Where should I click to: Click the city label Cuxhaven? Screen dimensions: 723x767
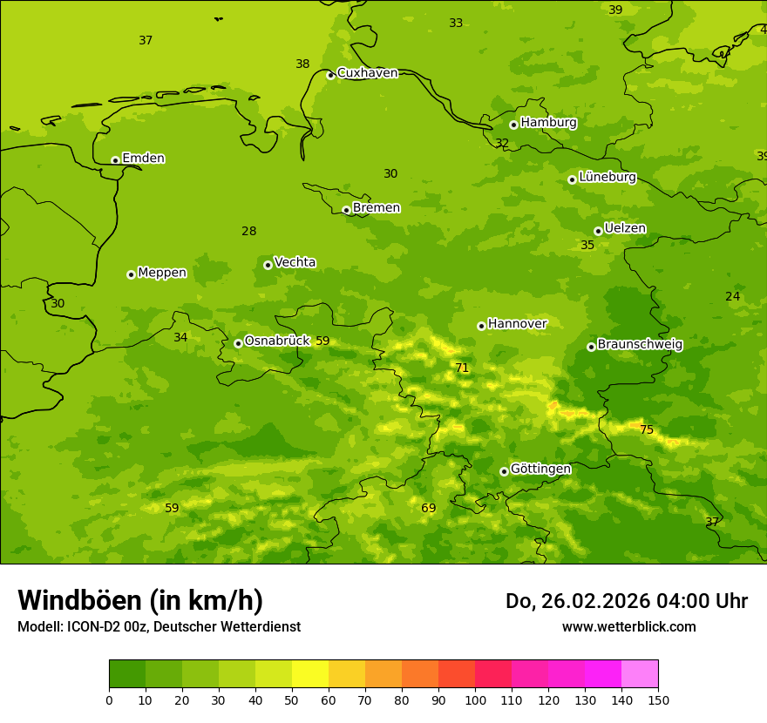click(x=367, y=73)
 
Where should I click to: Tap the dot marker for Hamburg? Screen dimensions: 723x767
click(x=513, y=125)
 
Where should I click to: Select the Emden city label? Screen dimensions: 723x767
click(x=143, y=159)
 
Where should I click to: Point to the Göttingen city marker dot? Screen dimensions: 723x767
click(x=504, y=471)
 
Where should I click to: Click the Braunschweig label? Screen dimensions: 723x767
click(x=640, y=345)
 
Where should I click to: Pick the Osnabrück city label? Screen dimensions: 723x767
click(x=277, y=341)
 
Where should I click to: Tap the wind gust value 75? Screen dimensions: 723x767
click(x=647, y=429)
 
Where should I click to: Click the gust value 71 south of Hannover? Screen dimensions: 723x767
click(x=462, y=368)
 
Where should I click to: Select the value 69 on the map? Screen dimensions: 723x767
click(x=429, y=509)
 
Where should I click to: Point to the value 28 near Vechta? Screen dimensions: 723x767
click(x=249, y=232)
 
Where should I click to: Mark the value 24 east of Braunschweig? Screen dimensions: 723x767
click(x=733, y=297)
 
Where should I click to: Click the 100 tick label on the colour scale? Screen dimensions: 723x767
click(x=475, y=700)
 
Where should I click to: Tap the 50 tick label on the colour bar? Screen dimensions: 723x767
click(x=292, y=700)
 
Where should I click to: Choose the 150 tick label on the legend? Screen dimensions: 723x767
click(x=658, y=700)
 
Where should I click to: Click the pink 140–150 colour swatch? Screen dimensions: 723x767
click(x=640, y=674)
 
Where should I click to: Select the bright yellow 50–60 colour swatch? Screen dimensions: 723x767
click(x=310, y=674)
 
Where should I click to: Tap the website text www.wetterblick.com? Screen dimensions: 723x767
click(x=628, y=627)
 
